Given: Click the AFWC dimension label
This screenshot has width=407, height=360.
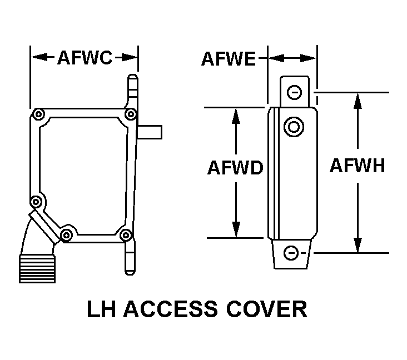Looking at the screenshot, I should coord(85,58).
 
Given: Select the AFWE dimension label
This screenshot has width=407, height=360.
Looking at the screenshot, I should coord(229,58).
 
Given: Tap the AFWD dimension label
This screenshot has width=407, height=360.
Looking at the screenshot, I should coord(235,168).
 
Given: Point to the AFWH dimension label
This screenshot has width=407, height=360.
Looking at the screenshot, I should coord(357,166).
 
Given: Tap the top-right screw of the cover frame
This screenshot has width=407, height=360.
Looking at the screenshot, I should coord(130,114).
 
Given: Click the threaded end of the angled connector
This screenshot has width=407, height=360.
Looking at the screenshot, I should coord(37,269).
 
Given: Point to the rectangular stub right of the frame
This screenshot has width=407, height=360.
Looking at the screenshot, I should coord(150,132).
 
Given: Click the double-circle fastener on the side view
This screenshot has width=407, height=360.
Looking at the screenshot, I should coord(293,127).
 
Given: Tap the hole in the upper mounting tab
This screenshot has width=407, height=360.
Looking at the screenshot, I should coord(295,91).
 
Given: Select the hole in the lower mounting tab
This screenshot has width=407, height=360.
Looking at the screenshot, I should coord(291,254).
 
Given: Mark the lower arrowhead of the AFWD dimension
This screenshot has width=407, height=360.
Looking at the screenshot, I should coord(236,230).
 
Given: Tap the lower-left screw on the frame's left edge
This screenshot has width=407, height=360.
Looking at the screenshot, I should coord(36,201).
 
